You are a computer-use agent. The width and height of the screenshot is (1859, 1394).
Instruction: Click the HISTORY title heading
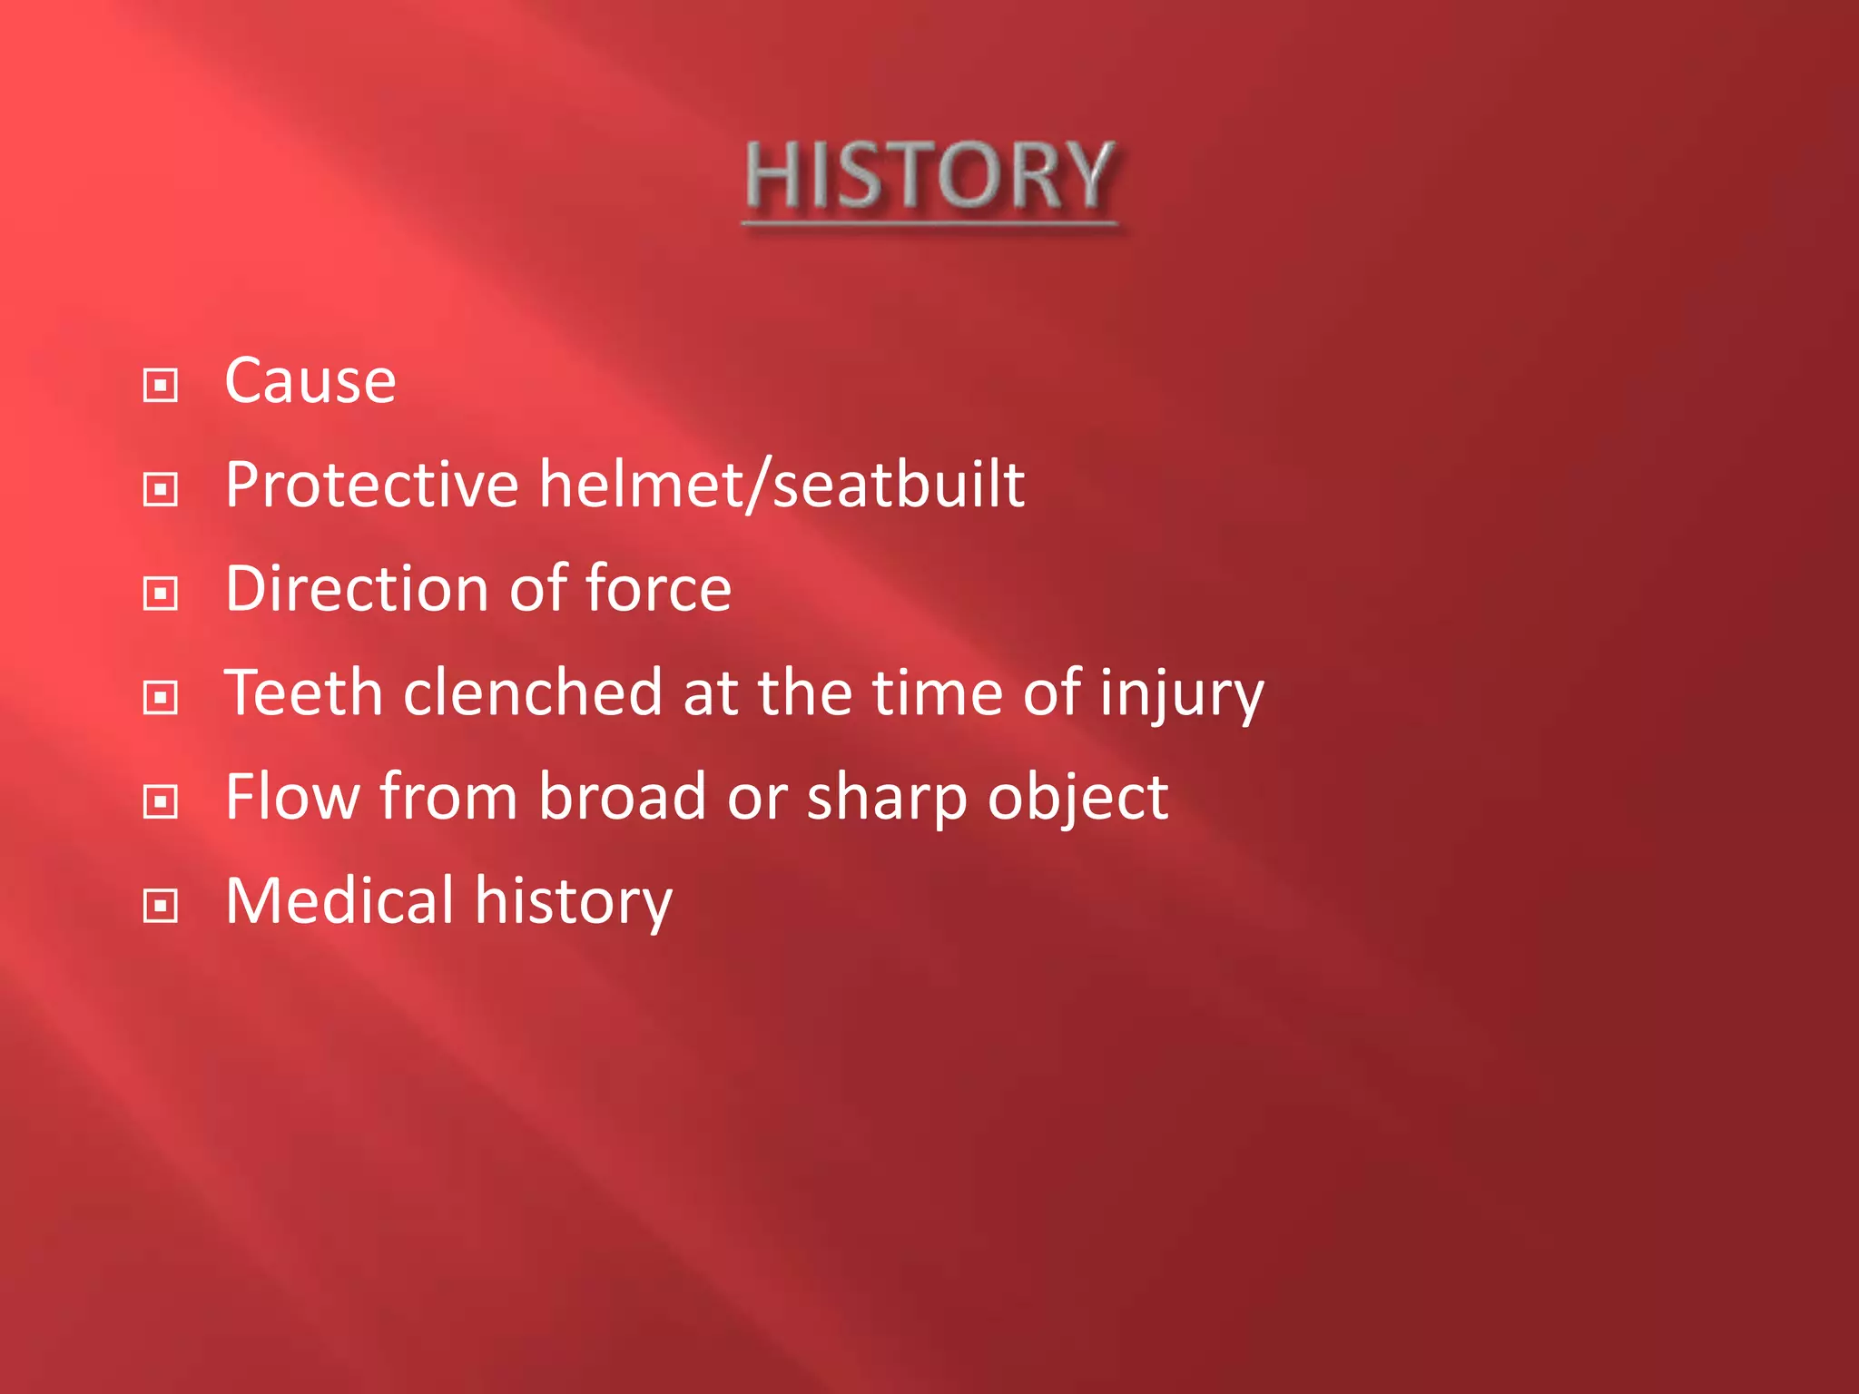coord(929,177)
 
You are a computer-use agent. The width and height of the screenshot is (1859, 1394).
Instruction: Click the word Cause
coord(310,381)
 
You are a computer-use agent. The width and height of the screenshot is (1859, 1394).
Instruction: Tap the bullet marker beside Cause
coord(161,386)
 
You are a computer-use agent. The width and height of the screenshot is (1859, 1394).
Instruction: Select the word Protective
coord(371,485)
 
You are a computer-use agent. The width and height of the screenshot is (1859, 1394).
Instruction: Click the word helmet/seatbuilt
coord(782,485)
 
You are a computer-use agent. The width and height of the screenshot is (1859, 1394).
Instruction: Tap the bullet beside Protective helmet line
coord(161,490)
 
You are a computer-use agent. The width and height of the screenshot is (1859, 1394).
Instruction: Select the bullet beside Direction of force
coord(161,594)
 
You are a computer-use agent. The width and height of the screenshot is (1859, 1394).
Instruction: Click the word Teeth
coord(304,693)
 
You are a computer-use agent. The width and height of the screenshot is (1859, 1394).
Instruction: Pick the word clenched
coord(533,693)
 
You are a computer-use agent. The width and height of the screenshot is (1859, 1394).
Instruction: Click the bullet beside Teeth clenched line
coord(161,698)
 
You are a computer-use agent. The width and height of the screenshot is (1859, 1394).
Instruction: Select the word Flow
coord(292,797)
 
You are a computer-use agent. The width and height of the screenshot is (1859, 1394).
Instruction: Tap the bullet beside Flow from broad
coord(161,802)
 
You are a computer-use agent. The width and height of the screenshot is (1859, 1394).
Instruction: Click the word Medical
coord(339,901)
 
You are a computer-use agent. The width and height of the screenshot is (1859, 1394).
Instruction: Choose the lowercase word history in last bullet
coord(574,903)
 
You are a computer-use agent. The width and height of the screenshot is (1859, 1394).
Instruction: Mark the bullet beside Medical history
coord(161,906)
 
